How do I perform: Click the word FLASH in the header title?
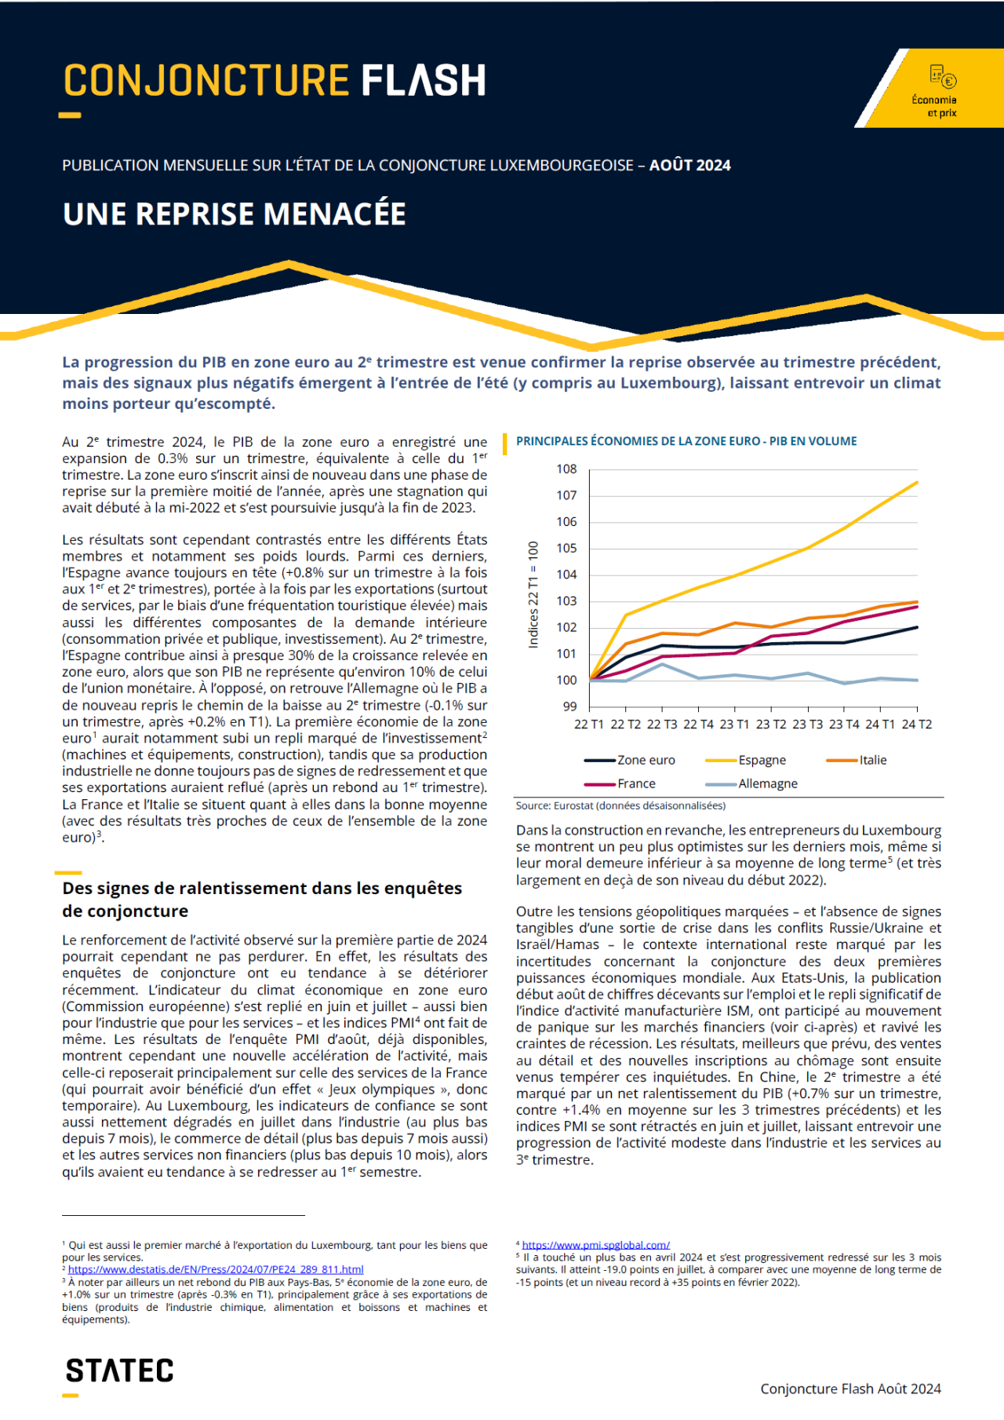424,81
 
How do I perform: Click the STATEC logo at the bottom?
119,1371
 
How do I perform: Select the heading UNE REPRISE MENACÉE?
235,214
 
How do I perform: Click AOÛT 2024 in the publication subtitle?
689,166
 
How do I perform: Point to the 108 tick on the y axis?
566,469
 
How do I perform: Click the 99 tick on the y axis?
569,706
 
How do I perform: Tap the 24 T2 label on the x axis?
916,725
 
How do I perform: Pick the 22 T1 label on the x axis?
589,725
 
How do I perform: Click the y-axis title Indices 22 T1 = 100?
533,594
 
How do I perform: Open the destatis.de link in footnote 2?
216,1269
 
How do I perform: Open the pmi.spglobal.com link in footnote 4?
596,1245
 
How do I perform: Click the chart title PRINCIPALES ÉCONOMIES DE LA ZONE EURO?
686,441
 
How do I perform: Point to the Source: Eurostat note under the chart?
620,805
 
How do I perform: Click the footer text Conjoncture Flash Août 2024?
850,1389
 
